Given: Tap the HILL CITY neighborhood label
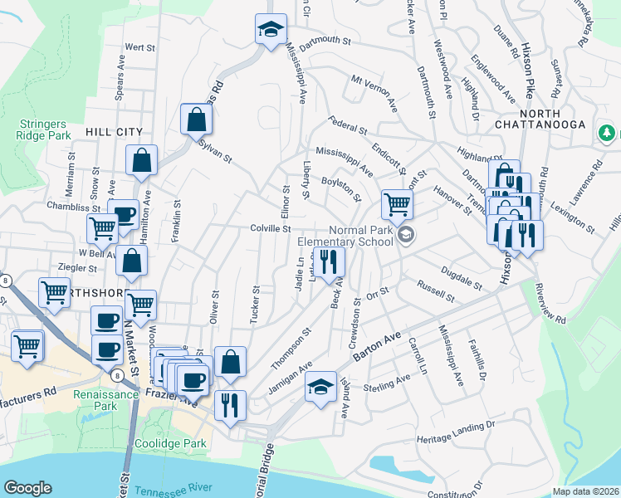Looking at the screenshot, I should tap(114, 132).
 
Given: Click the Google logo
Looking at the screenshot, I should tap(27, 488).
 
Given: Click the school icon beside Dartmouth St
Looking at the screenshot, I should tap(270, 31).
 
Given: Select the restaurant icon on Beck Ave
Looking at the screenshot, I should tap(330, 261).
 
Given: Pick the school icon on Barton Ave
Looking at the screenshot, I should tap(321, 386).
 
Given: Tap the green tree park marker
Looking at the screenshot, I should tap(607, 132).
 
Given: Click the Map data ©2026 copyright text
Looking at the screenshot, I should tap(586, 491).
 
